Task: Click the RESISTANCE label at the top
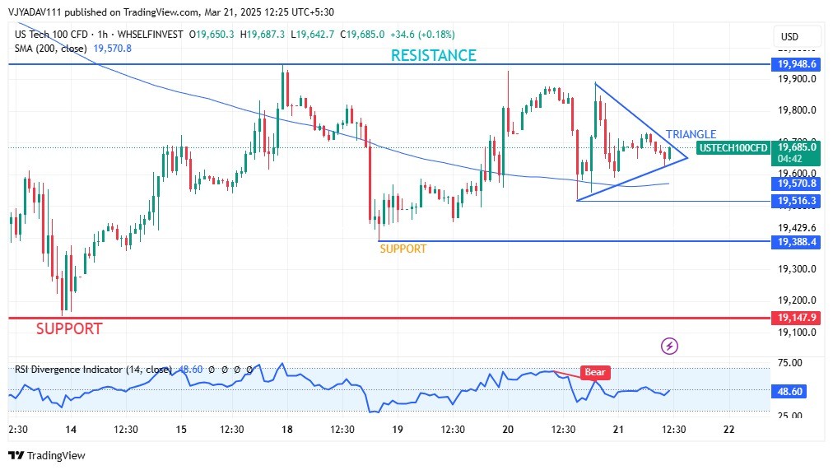click(433, 55)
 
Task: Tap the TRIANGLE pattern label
click(691, 134)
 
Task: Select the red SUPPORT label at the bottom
click(69, 328)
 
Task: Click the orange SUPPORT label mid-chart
click(403, 249)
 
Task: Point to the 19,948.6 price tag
click(794, 63)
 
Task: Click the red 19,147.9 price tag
click(794, 318)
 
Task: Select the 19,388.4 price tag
click(794, 242)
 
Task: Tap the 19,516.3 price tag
click(794, 201)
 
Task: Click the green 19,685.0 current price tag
click(796, 147)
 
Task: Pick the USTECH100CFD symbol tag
click(733, 148)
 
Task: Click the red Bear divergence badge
click(594, 372)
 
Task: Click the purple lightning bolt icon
click(670, 346)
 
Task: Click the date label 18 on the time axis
click(286, 430)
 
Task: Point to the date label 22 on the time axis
click(728, 430)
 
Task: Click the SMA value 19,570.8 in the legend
click(112, 49)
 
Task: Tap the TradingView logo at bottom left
click(47, 456)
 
